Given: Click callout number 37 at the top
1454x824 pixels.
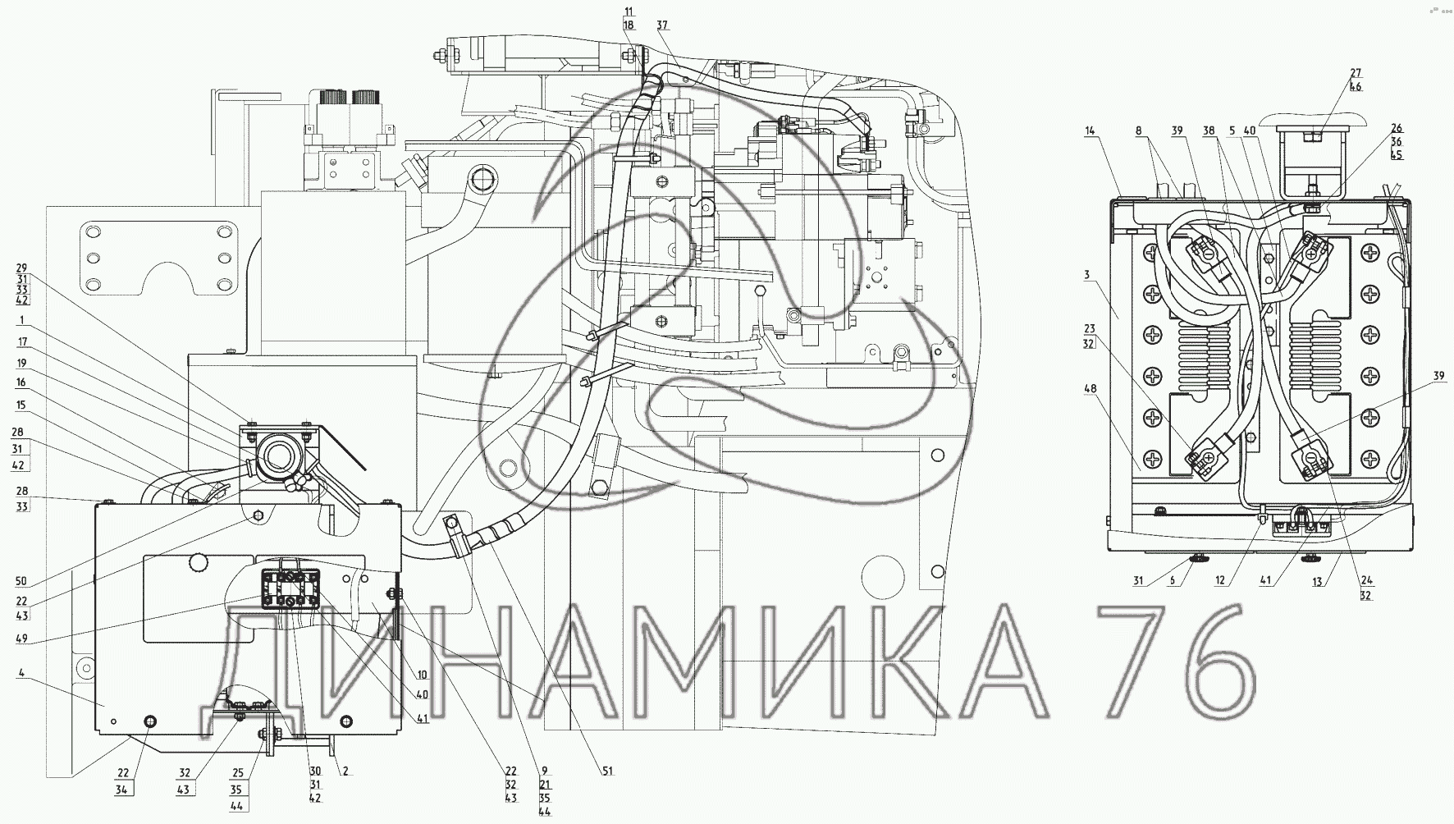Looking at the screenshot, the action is [662, 26].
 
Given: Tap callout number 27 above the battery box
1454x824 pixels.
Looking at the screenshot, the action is [1355, 73].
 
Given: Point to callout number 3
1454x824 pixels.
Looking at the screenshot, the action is [1086, 274].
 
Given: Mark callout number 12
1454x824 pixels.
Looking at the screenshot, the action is [1221, 581].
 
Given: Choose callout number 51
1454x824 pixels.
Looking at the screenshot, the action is [607, 771].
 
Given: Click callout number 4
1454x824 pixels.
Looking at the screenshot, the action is [22, 672].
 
